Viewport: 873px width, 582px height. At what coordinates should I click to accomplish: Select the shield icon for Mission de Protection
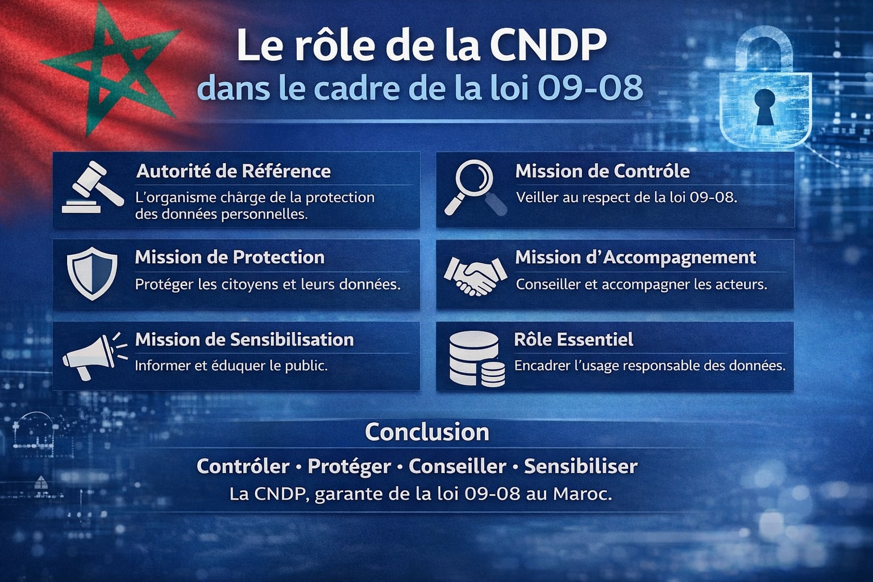click(x=92, y=273)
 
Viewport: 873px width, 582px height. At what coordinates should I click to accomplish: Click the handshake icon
click(x=475, y=275)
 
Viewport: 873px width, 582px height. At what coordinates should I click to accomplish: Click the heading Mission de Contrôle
click(x=602, y=171)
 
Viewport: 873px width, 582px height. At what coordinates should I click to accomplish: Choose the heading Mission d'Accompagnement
click(x=635, y=257)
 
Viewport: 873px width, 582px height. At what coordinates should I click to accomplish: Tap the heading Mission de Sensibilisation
click(x=244, y=339)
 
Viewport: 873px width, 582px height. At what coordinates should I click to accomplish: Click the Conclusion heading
click(x=427, y=432)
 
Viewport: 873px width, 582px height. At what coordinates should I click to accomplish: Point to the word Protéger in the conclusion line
click(x=349, y=467)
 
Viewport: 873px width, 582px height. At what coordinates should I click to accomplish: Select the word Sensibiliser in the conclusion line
click(x=580, y=467)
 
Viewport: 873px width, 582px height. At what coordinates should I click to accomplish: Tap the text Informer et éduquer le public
click(x=231, y=365)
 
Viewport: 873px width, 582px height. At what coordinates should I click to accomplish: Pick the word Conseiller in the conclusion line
click(x=457, y=467)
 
